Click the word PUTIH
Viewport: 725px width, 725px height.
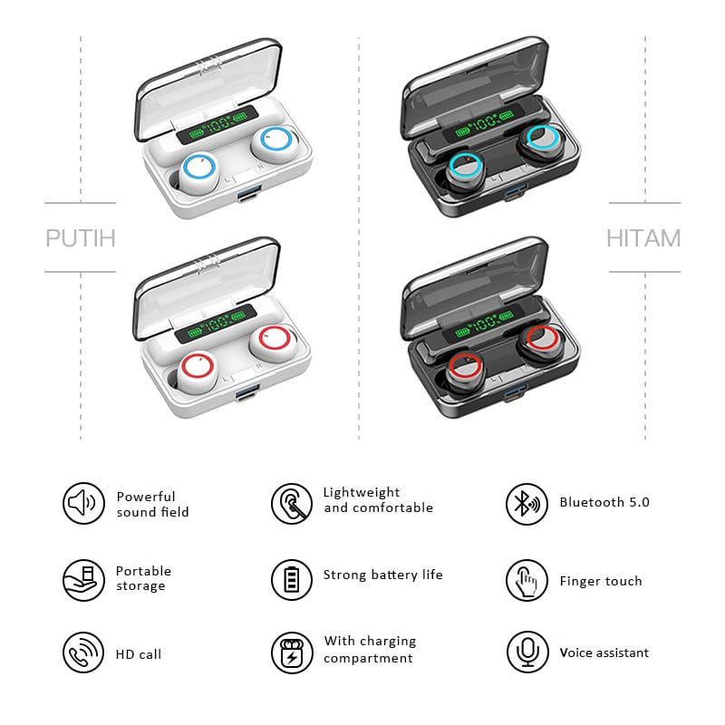(x=81, y=238)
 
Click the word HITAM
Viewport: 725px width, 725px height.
(x=643, y=238)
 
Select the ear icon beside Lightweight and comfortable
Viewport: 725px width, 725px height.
(x=291, y=503)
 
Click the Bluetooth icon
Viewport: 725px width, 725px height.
(x=526, y=503)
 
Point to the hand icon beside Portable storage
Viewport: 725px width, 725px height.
(x=81, y=578)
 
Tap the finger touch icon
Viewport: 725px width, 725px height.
(x=526, y=580)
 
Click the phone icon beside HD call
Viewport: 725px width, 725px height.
(x=81, y=653)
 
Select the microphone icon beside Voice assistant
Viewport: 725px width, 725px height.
(x=526, y=653)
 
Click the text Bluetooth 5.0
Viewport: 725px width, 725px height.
(x=604, y=502)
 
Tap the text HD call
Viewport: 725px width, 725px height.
(x=139, y=654)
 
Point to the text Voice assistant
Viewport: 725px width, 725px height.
(x=604, y=652)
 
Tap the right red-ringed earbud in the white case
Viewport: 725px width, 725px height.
(x=272, y=340)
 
